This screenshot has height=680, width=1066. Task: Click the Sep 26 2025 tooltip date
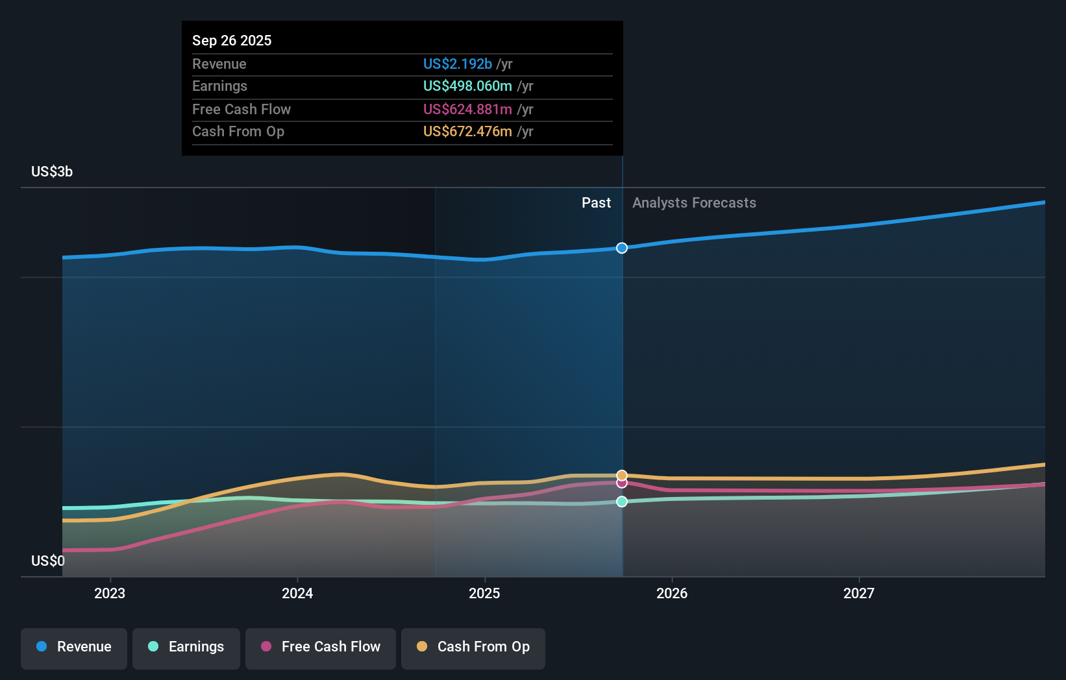point(232,40)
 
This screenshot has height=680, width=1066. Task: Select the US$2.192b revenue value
point(458,64)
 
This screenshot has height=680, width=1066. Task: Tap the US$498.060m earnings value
point(467,86)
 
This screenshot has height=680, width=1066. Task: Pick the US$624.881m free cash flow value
point(467,109)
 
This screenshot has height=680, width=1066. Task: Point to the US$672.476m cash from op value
point(467,131)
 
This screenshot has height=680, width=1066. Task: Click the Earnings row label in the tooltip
point(219,86)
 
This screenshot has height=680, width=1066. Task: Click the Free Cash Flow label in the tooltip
point(241,109)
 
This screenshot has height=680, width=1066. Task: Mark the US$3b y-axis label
point(52,171)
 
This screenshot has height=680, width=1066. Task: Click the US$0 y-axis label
point(47,561)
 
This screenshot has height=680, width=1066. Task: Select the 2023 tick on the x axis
point(110,593)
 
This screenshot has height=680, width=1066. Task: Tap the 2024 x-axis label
point(297,593)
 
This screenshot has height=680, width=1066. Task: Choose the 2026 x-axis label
point(672,593)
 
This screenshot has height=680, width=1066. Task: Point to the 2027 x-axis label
point(858,593)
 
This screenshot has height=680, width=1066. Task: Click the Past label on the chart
point(596,202)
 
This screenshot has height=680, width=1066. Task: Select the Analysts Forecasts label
point(694,202)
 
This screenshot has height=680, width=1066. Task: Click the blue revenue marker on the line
point(622,248)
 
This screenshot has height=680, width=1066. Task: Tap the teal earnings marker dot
point(622,502)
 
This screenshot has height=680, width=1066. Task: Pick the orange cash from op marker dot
point(622,475)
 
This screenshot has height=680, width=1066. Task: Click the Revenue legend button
point(74,647)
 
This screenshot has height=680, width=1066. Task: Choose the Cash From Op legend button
point(473,647)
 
